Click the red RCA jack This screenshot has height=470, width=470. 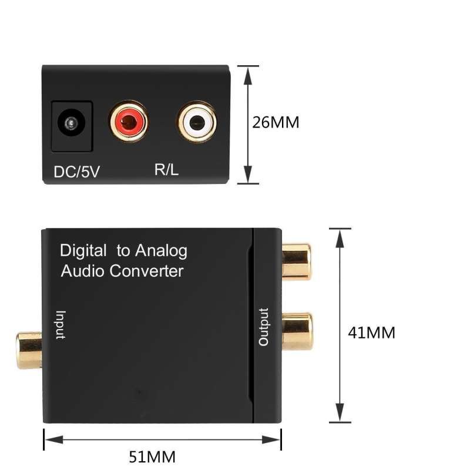[128, 121]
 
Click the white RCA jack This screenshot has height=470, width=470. [197, 122]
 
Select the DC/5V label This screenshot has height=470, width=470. [76, 172]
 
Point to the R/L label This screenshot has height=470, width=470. [167, 170]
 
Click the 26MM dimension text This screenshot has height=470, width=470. [276, 123]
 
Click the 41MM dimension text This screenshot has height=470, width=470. [371, 333]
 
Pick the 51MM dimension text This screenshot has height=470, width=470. [152, 456]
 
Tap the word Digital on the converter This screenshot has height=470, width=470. [83, 251]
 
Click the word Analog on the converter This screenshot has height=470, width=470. [161, 251]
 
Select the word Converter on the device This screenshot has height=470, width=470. [147, 271]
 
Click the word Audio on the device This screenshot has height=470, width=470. [83, 271]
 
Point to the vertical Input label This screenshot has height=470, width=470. [61, 325]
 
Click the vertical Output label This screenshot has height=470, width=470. [264, 327]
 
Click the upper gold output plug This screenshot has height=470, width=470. [297, 261]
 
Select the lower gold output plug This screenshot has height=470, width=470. [297, 331]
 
